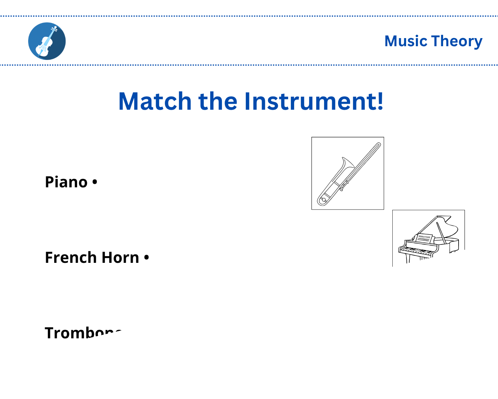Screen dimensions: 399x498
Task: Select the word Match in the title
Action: click(155, 102)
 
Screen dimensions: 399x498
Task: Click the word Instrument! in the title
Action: click(313, 102)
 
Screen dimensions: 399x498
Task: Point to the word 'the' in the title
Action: click(218, 102)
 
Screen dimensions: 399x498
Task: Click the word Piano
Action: click(66, 182)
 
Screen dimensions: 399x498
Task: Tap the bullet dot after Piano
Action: click(94, 182)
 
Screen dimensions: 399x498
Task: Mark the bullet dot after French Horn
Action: click(147, 258)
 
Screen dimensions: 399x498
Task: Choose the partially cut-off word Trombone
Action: click(83, 333)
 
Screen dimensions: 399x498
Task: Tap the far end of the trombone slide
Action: click(378, 145)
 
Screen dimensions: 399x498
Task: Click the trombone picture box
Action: click(348, 173)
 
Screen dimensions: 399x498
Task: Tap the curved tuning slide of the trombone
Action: click(322, 200)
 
